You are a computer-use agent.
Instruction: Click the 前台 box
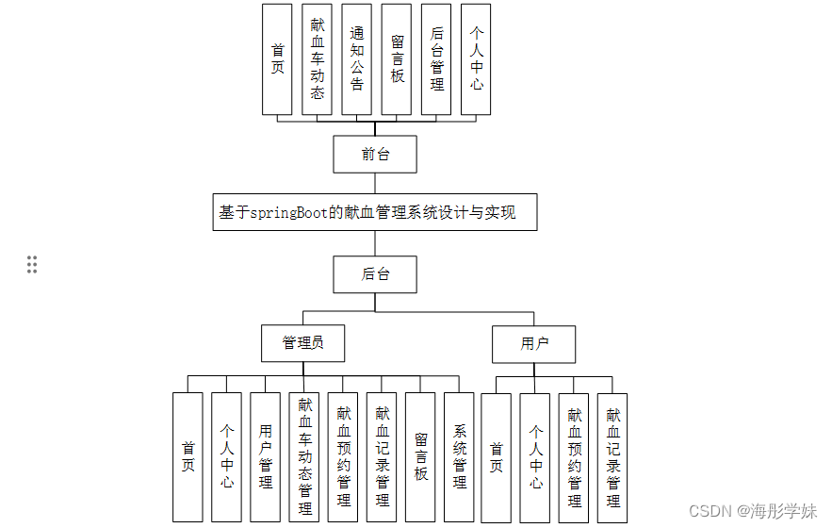[375, 155]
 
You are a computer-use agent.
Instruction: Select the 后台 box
[375, 274]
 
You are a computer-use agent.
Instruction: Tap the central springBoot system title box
[375, 212]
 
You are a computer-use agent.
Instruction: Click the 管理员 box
[302, 343]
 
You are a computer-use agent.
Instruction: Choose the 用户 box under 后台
[533, 344]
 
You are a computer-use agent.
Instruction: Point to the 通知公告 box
[356, 59]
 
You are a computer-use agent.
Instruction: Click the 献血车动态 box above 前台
[317, 59]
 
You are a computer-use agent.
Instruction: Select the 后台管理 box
[436, 59]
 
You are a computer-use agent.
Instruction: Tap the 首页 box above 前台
[277, 59]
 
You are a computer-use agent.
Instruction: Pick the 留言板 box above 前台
[397, 59]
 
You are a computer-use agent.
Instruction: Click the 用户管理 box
[265, 457]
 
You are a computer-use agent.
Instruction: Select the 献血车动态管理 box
[304, 457]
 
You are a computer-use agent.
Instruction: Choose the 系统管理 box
[459, 457]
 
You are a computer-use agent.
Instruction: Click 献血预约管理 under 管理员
[343, 457]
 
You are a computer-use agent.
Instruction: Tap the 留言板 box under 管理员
[420, 457]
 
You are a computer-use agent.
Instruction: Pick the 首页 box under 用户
[496, 457]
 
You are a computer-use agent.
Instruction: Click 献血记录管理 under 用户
[612, 457]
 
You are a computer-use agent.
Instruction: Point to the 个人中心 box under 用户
[535, 457]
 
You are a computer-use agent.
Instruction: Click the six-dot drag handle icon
[32, 264]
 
